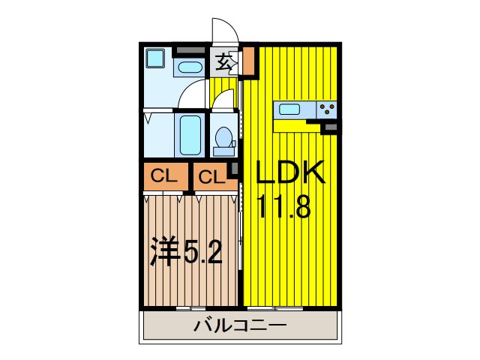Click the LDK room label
pos(290,175)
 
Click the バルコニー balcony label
pos(239,326)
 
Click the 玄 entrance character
pos(223,62)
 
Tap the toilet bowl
pos(223,139)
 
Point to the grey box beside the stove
pos(329,128)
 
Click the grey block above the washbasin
pos(189,50)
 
